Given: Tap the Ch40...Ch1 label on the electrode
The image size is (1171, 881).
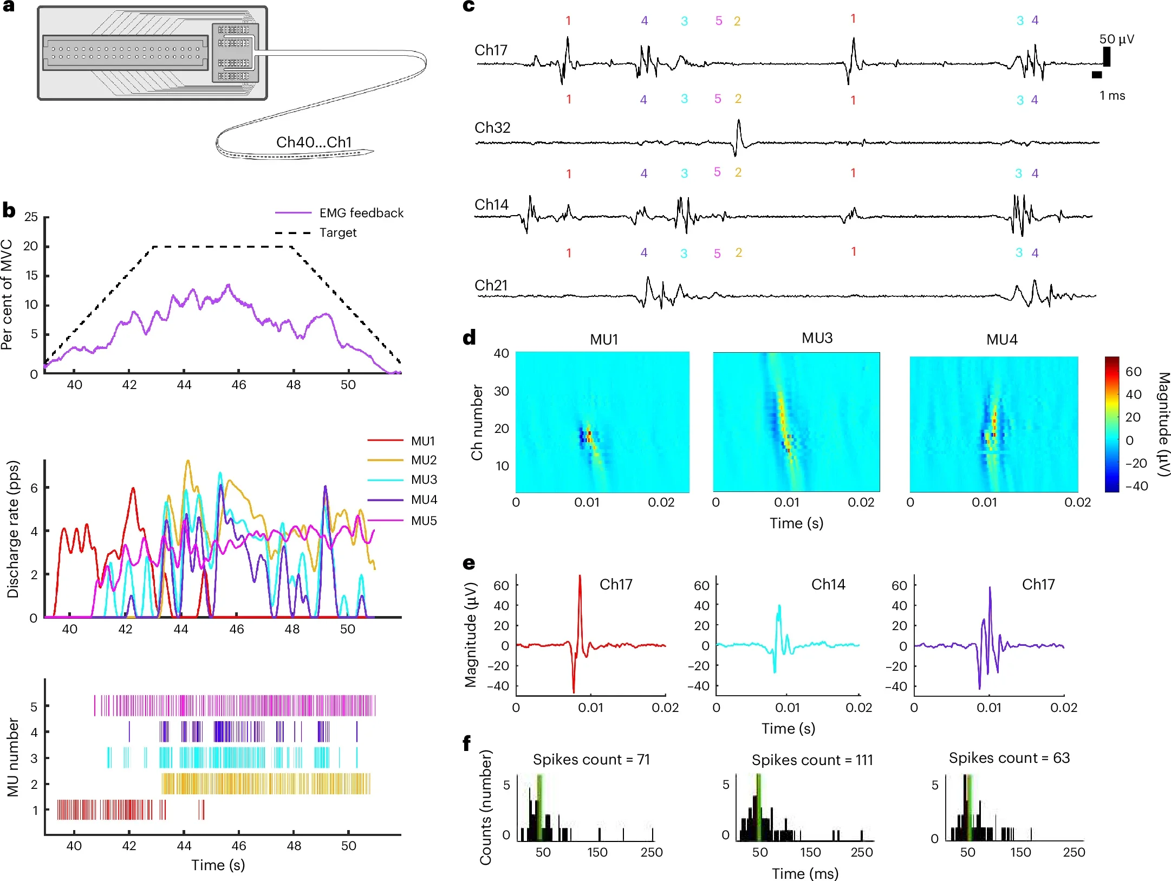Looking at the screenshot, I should coord(314,142).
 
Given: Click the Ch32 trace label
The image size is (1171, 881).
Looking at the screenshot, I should coord(492,128).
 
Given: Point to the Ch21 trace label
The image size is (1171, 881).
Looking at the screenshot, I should coord(491,286).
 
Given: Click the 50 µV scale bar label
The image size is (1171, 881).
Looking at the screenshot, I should coord(1116,39).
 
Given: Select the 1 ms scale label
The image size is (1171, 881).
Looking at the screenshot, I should coord(1112,96).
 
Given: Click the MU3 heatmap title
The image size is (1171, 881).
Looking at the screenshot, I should coord(817,338).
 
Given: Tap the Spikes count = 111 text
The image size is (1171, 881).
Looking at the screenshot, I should coord(812,760).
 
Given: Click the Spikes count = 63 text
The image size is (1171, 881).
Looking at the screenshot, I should coord(1009,758).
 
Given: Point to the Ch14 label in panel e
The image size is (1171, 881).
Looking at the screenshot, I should coord(828,584).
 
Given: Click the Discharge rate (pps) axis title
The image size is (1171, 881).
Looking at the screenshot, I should coord(12,529).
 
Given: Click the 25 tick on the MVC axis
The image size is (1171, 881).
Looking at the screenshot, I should coord(31,217).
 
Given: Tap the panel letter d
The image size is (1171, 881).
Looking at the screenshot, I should coord(469,338).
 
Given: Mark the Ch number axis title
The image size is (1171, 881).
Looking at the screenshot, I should coord(477,423).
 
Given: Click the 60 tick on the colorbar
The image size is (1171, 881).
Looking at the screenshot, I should coord(1133,372).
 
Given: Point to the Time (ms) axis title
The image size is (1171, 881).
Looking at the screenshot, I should coord(805,873).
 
